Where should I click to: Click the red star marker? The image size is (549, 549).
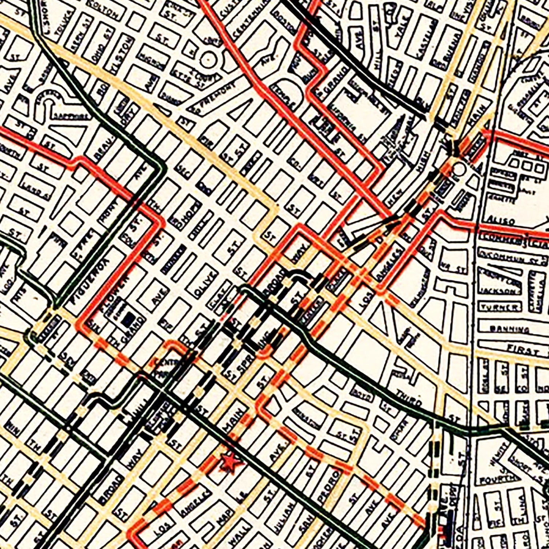pos(229,462)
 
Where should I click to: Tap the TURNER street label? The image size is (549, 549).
pos(500,307)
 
